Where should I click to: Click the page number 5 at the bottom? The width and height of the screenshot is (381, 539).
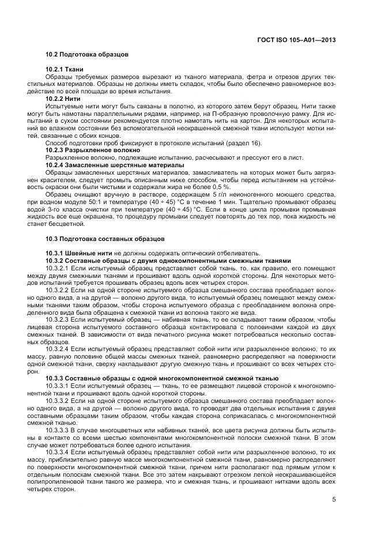334,499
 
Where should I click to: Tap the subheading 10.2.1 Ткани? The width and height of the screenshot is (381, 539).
65,70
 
